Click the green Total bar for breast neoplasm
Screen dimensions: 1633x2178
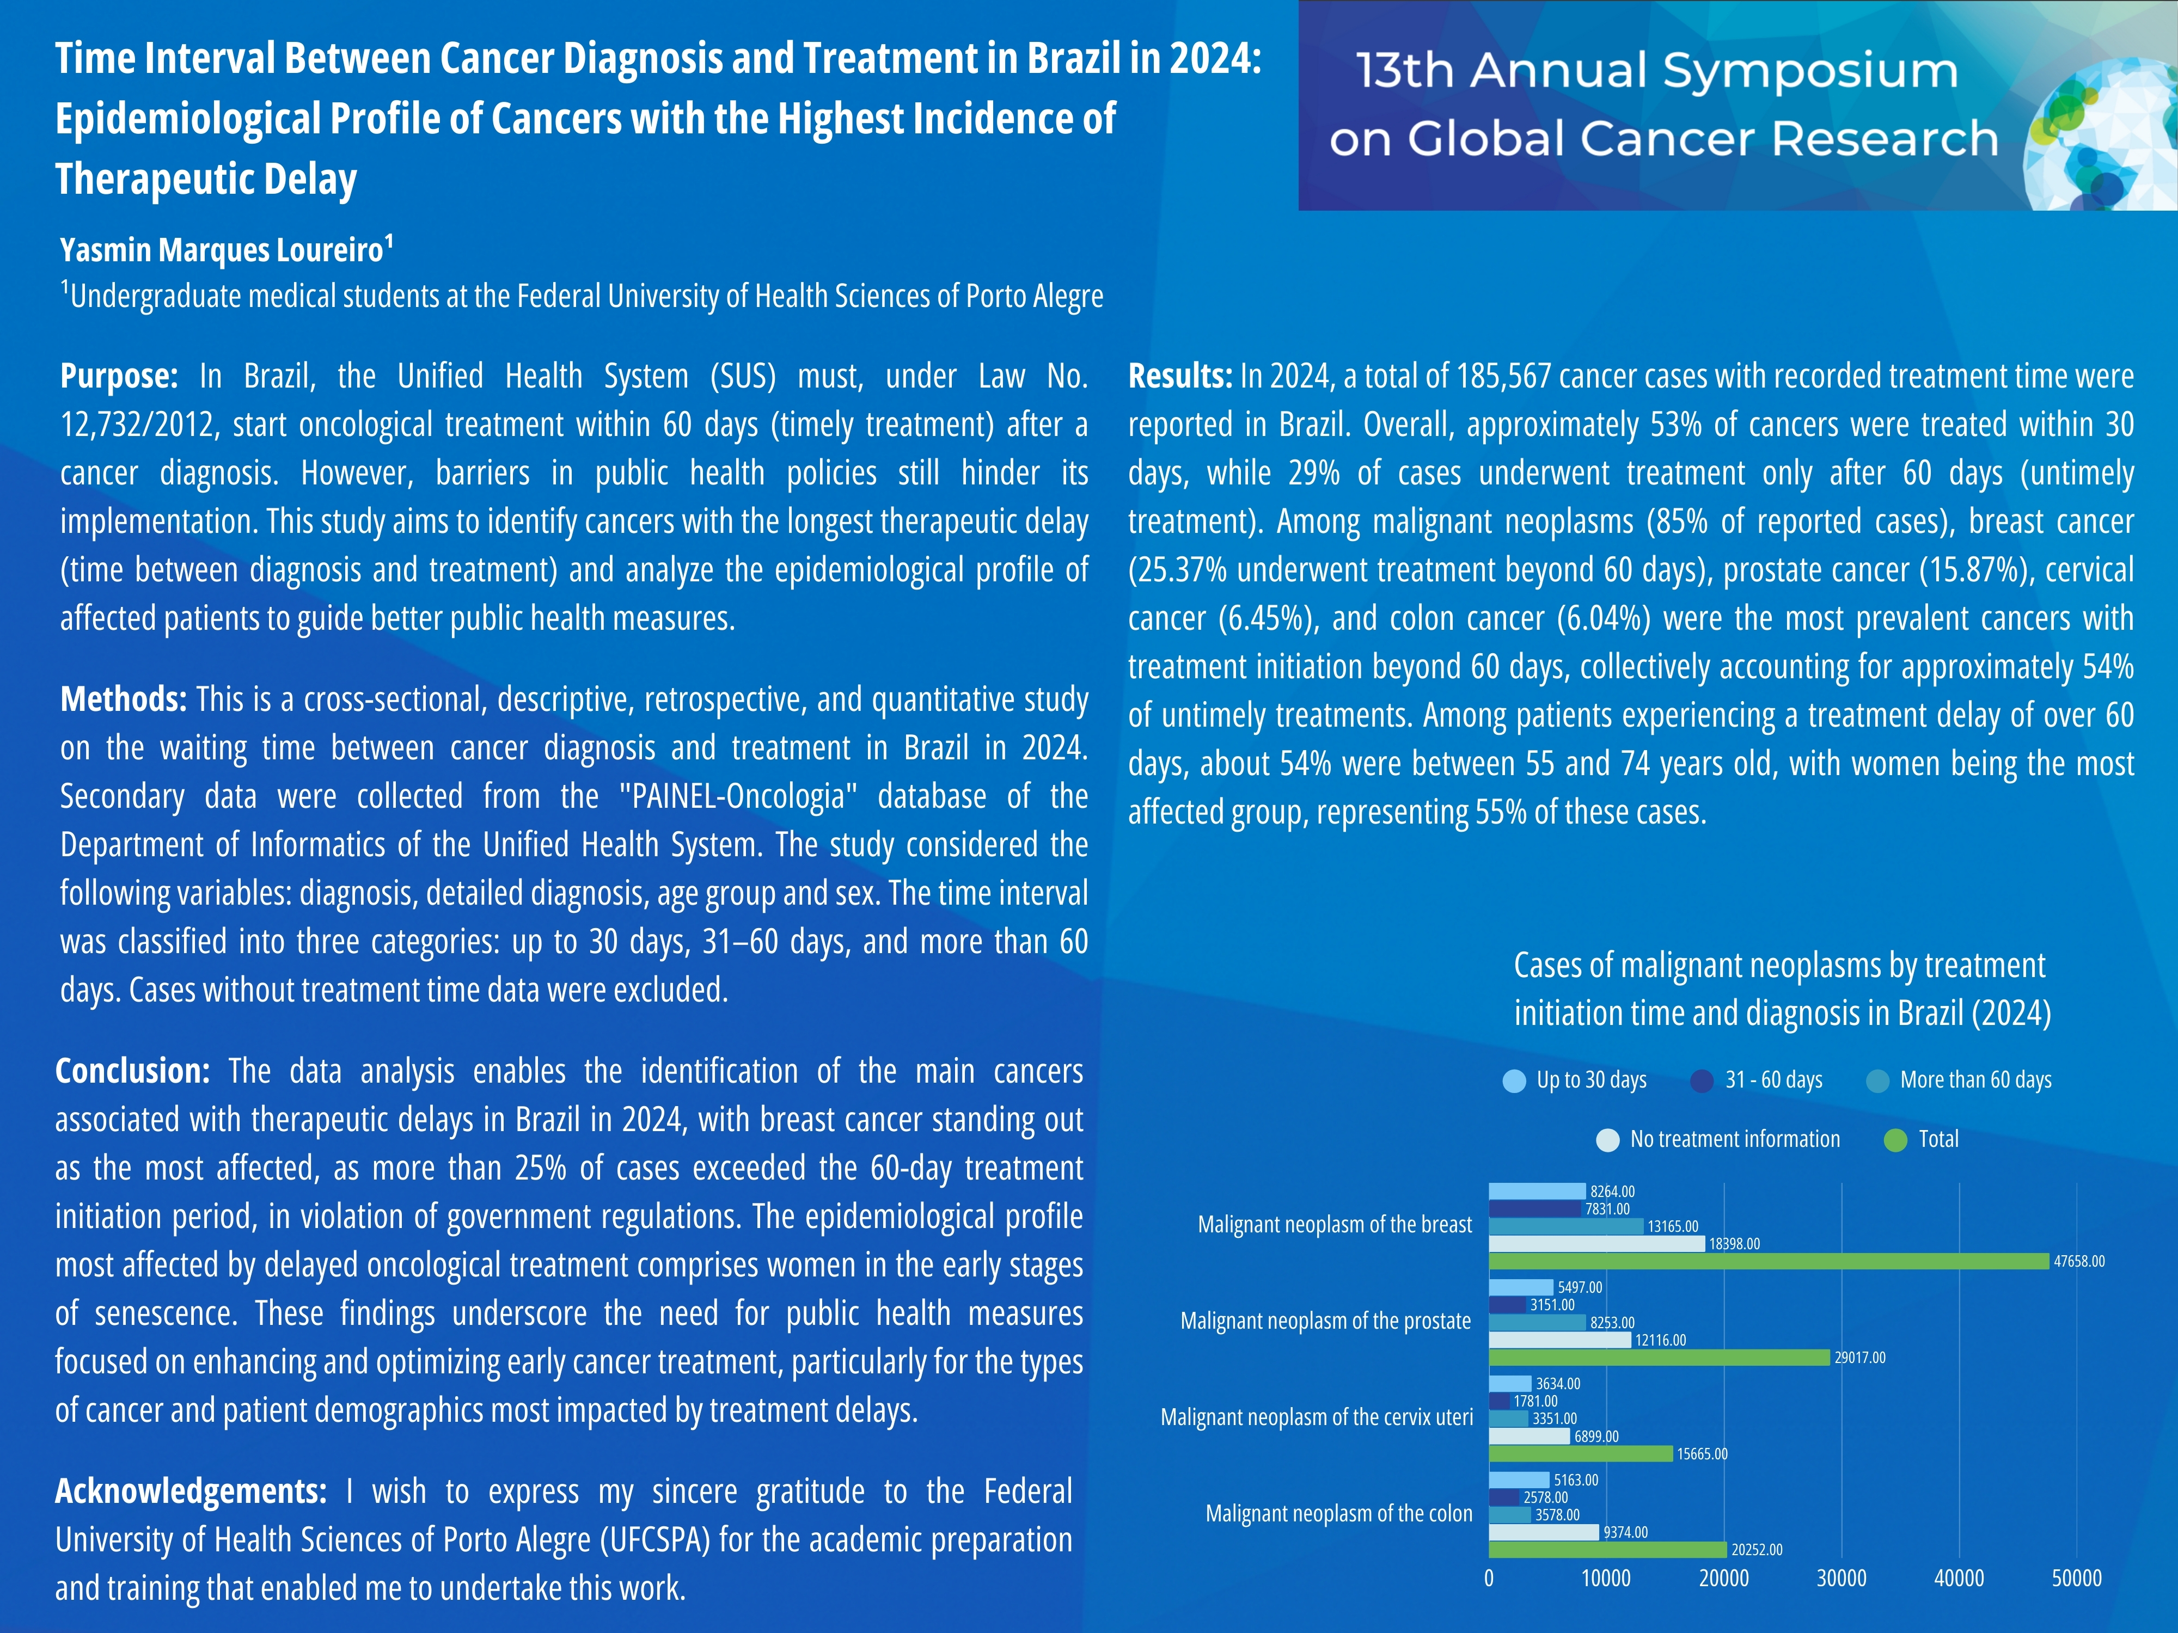pyautogui.click(x=1767, y=1261)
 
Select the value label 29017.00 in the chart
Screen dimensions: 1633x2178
pyautogui.click(x=1859, y=1358)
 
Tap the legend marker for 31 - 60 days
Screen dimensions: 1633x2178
pyautogui.click(x=1702, y=1081)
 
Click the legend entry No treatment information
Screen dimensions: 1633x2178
pyautogui.click(x=1734, y=1140)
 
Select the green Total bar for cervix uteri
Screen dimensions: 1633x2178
pyautogui.click(x=1580, y=1454)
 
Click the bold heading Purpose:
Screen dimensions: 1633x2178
pyautogui.click(x=118, y=376)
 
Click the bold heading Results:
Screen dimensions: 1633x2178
pyautogui.click(x=1179, y=376)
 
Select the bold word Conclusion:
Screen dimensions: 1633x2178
pyautogui.click(x=132, y=1071)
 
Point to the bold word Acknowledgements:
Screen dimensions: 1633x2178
pyautogui.click(x=190, y=1491)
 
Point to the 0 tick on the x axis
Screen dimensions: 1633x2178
pyautogui.click(x=1489, y=1579)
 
